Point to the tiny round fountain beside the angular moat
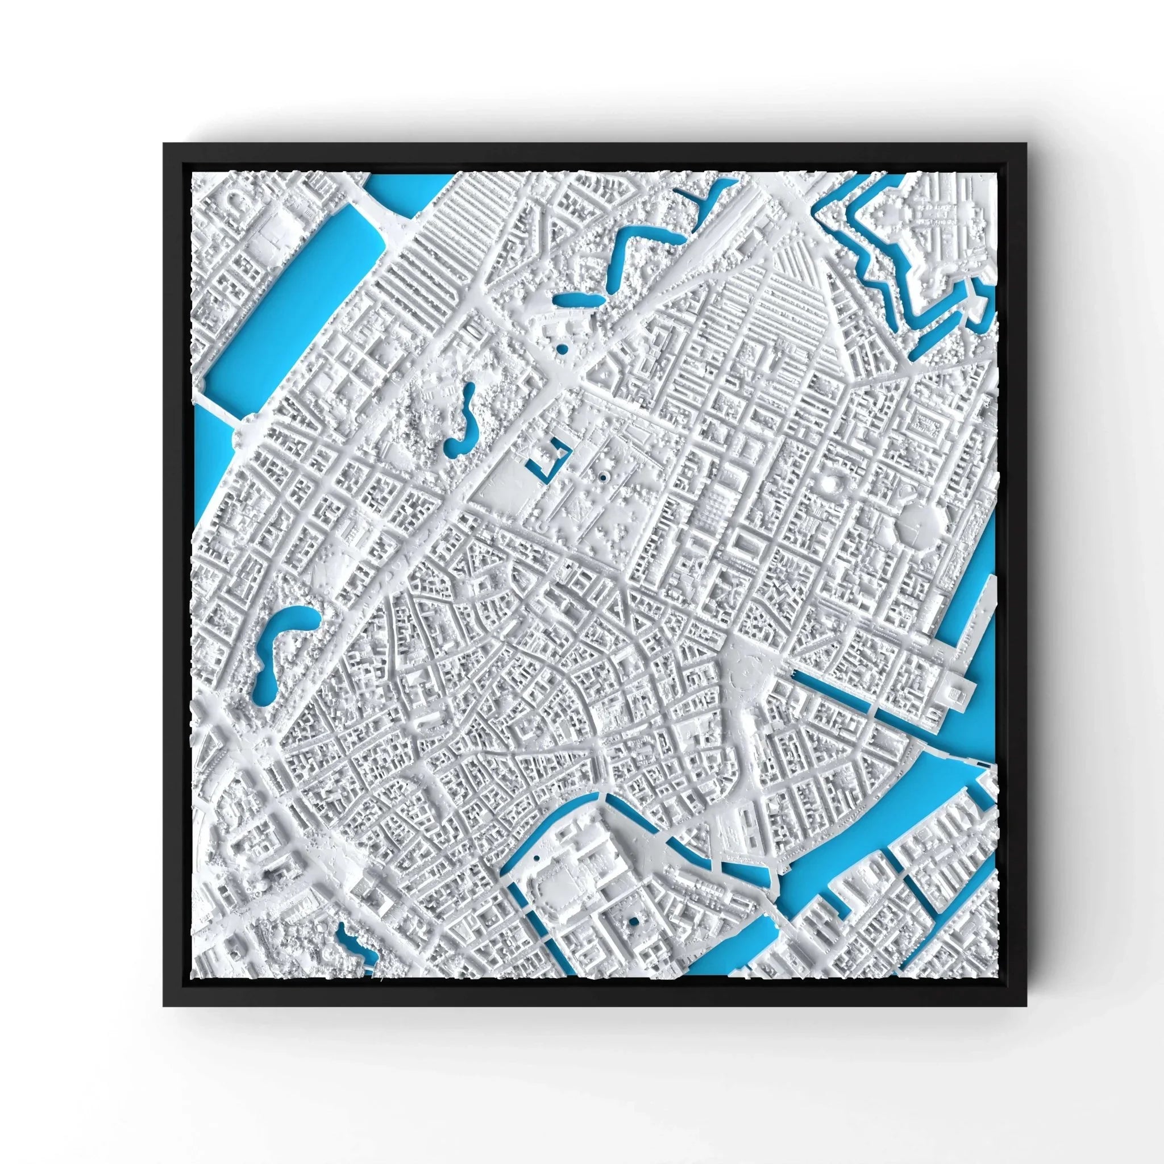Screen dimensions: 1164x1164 [602, 478]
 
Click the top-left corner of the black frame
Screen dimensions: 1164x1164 [164, 144]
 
